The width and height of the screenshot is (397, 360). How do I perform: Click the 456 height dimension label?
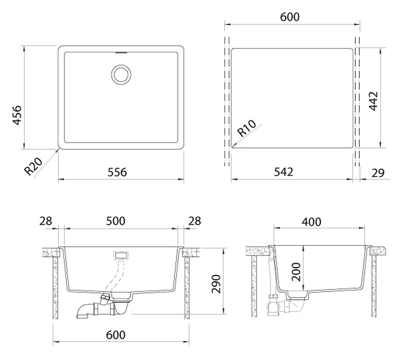(17, 115)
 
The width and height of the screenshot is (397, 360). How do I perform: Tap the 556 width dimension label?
(117, 172)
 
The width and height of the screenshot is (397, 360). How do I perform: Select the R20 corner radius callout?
(33, 166)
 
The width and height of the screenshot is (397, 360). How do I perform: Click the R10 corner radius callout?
(246, 128)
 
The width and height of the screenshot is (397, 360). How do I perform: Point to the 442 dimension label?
(373, 101)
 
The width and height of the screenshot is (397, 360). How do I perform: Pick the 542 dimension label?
(284, 172)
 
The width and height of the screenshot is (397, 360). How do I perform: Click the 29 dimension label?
(378, 173)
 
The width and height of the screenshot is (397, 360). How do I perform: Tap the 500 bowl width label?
(115, 221)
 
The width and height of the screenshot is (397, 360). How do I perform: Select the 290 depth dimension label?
(216, 284)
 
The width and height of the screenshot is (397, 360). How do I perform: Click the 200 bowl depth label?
(296, 272)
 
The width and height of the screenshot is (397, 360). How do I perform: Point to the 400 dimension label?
(311, 222)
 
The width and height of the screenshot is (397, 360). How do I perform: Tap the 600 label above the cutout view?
(290, 17)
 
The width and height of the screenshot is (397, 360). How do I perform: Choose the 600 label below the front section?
(115, 335)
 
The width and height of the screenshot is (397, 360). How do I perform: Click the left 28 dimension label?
(45, 221)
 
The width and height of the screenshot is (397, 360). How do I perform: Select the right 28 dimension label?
(195, 221)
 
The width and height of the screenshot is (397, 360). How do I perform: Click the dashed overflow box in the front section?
(122, 255)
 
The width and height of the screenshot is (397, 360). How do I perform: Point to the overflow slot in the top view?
(121, 53)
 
